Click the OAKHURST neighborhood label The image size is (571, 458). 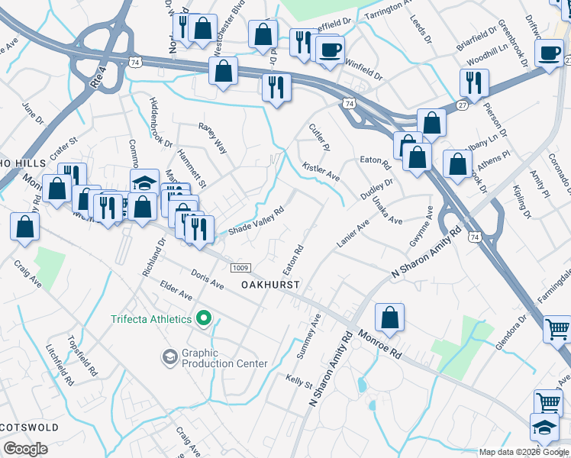pyautogui.click(x=269, y=284)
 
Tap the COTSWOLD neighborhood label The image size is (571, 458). pyautogui.click(x=30, y=424)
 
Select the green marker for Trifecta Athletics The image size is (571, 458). pyautogui.click(x=204, y=318)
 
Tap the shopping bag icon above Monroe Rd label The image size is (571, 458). pyautogui.click(x=389, y=318)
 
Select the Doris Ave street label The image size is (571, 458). pyautogui.click(x=208, y=282)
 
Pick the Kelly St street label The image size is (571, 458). pyautogui.click(x=298, y=379)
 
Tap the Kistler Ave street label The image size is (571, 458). pyautogui.click(x=321, y=172)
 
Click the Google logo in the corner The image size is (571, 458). pyautogui.click(x=25, y=449)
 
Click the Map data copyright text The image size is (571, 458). pyautogui.click(x=524, y=452)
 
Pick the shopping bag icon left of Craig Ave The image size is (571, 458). pyautogui.click(x=25, y=227)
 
